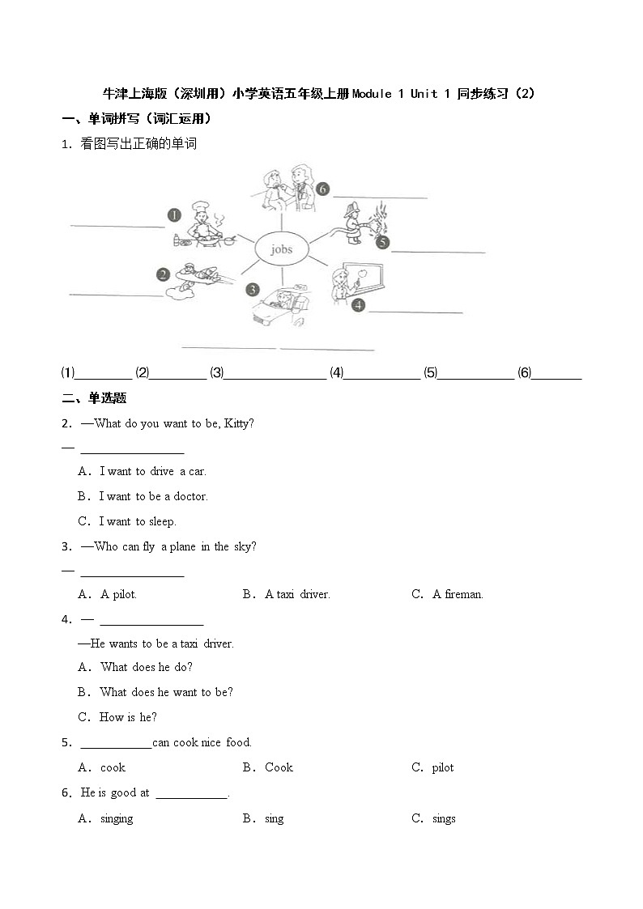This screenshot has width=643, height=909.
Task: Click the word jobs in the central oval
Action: [281, 249]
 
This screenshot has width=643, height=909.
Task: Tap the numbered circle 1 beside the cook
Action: [174, 215]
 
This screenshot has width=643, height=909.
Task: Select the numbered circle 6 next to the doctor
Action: [322, 189]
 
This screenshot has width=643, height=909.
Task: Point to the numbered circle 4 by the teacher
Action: [358, 305]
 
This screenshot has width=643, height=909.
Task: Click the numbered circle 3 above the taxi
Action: [253, 289]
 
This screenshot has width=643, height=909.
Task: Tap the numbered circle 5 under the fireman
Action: [381, 242]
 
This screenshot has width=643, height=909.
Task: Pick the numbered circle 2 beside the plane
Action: [163, 274]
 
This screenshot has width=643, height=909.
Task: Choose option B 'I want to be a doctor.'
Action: [153, 496]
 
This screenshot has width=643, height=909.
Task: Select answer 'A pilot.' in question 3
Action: [118, 594]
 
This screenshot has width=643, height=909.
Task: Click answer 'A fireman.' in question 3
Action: [458, 594]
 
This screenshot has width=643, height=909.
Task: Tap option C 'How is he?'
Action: [128, 716]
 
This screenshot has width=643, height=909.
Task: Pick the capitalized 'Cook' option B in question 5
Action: [279, 767]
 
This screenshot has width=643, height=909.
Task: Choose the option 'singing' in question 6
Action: [117, 818]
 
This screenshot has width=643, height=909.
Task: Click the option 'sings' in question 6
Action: [444, 818]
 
